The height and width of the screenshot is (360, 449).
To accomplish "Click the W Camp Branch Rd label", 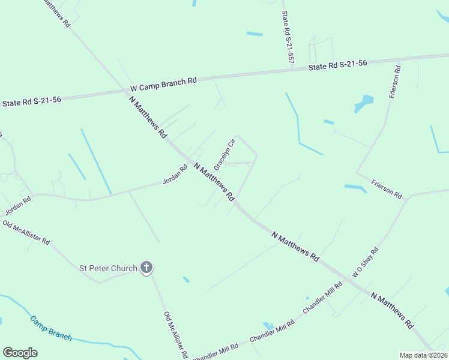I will [x=163, y=85].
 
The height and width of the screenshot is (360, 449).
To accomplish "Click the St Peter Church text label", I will [x=109, y=268].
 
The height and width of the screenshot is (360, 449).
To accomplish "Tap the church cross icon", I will [x=146, y=268].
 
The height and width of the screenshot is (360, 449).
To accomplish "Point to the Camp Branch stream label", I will [x=50, y=328].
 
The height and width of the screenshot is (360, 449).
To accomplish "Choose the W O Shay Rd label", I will [x=365, y=263].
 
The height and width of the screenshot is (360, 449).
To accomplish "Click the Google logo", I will [x=20, y=353].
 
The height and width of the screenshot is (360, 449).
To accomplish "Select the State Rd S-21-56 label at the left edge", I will [x=31, y=103].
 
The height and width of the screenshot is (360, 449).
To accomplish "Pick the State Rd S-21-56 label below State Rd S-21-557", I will [x=337, y=65].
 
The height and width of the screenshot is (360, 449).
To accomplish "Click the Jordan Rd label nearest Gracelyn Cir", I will [x=175, y=175].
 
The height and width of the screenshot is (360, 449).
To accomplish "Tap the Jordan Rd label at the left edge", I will [x=18, y=206].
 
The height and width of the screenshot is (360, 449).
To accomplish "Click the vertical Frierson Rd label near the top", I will [x=395, y=82].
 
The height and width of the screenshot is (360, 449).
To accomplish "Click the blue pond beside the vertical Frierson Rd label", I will [x=364, y=103].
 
